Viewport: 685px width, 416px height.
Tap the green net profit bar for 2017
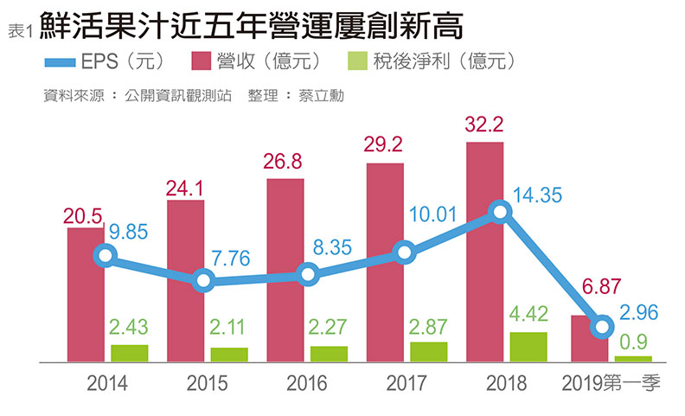(x=428, y=351)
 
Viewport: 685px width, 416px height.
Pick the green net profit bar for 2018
(x=528, y=346)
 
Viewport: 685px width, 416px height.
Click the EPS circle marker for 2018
(x=498, y=211)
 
